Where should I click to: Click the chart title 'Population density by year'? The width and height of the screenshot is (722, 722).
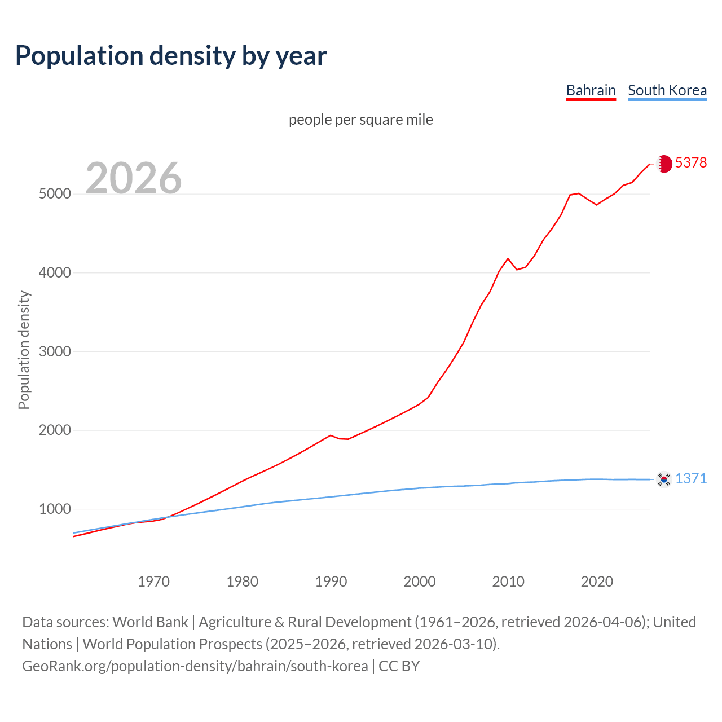(x=171, y=56)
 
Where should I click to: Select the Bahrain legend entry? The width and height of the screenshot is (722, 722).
(x=591, y=90)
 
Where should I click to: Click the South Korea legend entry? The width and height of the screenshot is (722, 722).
(x=667, y=90)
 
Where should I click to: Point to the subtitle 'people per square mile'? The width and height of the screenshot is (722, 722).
(x=361, y=120)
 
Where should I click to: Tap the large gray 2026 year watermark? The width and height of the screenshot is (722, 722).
(x=134, y=178)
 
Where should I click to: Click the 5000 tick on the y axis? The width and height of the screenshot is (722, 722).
(x=55, y=194)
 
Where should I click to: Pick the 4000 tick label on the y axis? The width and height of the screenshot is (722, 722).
(x=55, y=273)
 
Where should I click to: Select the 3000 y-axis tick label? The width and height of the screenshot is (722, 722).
(x=55, y=351)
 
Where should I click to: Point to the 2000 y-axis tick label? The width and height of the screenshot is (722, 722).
(x=55, y=430)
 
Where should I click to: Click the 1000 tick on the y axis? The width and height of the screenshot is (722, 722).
(x=55, y=509)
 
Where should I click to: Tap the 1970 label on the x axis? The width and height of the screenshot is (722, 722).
(x=153, y=582)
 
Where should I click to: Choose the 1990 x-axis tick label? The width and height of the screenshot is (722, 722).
(x=331, y=582)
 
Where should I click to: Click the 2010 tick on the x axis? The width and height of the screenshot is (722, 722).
(x=508, y=582)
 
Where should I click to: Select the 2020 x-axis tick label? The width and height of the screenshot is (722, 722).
(x=597, y=582)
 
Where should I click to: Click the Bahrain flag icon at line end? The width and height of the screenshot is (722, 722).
(x=664, y=164)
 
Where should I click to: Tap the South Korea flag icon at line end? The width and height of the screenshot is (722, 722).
(x=664, y=479)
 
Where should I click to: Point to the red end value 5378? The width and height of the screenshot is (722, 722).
(x=691, y=163)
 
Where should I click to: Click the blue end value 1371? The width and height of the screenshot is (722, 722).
(x=691, y=479)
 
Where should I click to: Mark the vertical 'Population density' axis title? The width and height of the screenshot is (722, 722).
(x=24, y=350)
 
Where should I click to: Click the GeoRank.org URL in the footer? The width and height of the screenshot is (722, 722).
(x=195, y=666)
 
